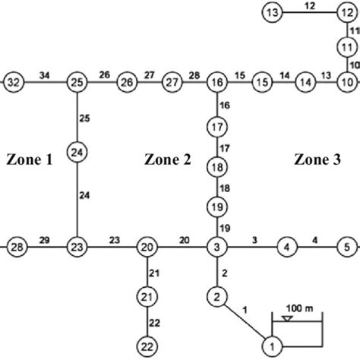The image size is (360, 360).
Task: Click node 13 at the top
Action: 273,12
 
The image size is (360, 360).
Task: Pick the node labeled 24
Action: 76,153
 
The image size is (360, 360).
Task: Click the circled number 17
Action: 216,126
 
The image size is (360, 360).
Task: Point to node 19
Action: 216,207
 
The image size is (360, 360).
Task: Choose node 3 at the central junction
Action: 216,247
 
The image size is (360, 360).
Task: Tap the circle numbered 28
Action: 16,247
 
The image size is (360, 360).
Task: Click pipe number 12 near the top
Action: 309,6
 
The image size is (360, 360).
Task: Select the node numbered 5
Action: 346,247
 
